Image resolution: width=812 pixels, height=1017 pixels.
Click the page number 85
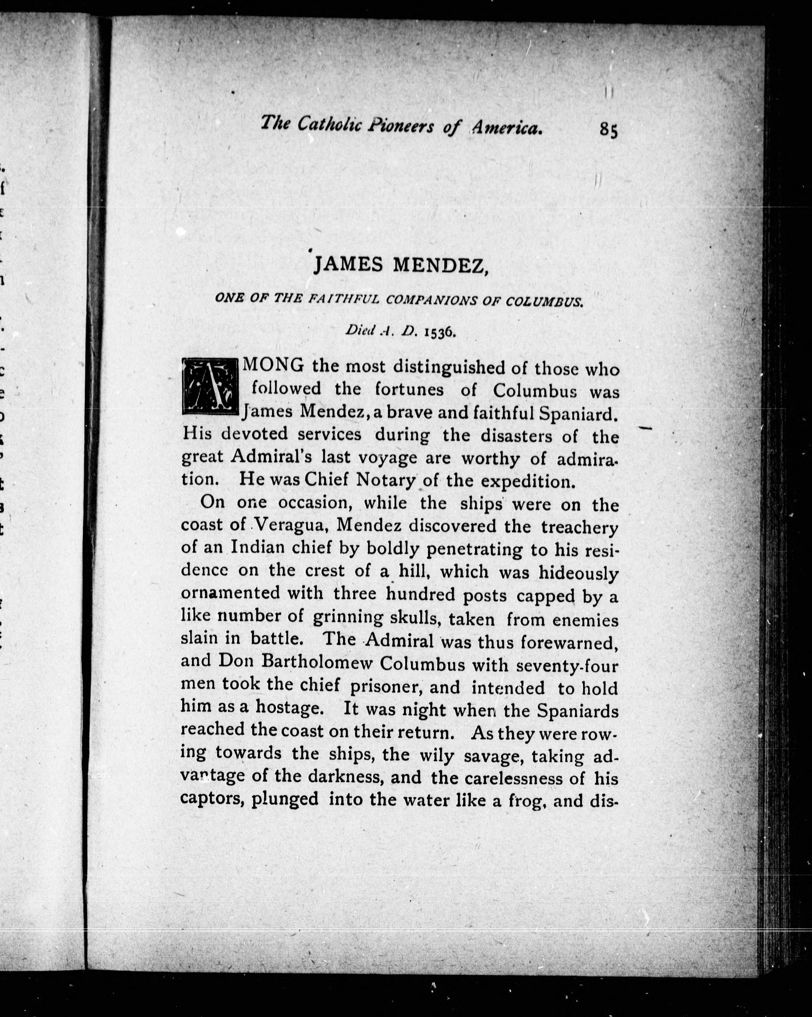[x=608, y=130]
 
